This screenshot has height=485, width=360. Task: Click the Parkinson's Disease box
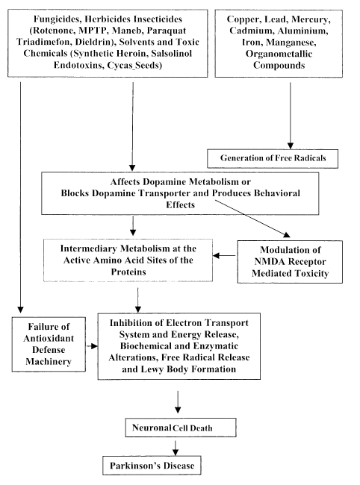152,465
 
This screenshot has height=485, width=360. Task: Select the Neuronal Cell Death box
181,428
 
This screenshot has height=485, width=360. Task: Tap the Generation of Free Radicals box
273,158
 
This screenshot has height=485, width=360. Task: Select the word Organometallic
279,54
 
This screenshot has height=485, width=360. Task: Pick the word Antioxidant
49,338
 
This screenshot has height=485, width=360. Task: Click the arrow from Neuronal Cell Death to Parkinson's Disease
176,448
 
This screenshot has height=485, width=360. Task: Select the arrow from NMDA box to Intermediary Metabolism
224,255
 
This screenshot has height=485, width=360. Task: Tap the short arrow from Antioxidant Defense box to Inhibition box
92,346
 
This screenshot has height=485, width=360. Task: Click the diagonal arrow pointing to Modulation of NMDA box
252,219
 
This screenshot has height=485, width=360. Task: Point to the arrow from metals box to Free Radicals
290,116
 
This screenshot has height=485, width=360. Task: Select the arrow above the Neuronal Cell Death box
178,401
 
